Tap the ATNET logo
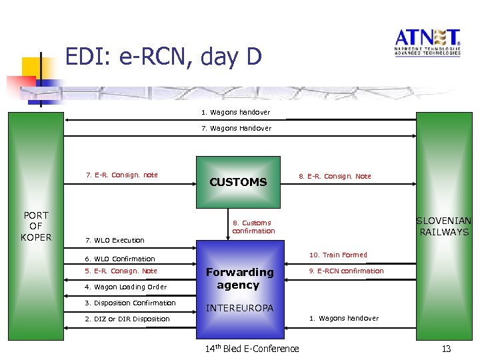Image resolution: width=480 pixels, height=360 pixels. coord(427,42)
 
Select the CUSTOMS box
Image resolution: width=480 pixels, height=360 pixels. coord(238,181)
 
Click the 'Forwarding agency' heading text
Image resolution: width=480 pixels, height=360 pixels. coord(239,278)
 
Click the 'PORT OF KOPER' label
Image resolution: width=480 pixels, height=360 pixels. coord(35,226)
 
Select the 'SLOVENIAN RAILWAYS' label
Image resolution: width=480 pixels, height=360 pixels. coord(443,226)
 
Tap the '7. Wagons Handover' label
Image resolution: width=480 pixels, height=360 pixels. coord(237,128)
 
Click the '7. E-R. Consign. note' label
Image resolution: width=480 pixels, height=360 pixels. coord(122,175)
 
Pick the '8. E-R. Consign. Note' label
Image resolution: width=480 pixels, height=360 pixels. coord(335,176)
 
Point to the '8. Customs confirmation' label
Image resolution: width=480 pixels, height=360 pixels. coord(253,227)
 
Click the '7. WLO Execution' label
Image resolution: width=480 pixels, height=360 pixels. coord(115,240)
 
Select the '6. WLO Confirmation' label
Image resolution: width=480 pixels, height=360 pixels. coord(120,259)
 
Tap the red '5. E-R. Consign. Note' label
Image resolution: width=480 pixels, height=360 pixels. coord(121,271)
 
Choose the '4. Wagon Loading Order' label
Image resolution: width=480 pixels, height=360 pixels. coord(125,287)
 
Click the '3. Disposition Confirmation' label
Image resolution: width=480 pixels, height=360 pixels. coord(130,303)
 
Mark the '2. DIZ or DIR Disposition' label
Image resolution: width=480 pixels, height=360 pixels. coord(127,319)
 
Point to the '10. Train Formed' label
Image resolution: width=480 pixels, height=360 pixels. coord(338,255)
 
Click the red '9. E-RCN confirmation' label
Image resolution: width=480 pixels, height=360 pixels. coord(346,271)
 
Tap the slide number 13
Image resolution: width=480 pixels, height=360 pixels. coord(447,349)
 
